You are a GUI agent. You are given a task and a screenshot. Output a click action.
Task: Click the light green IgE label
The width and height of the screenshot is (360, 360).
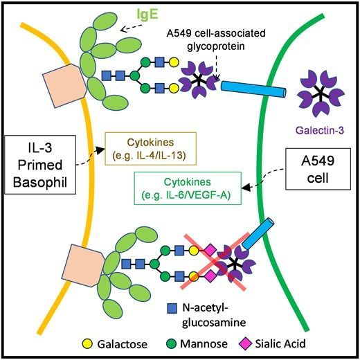[147, 14]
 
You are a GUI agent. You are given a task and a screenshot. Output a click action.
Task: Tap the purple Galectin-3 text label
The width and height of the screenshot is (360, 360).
[320, 130]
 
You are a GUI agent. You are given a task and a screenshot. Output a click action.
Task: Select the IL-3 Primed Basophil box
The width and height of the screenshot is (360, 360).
[40, 165]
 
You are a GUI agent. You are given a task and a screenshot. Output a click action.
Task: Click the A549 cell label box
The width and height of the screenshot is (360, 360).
[318, 169]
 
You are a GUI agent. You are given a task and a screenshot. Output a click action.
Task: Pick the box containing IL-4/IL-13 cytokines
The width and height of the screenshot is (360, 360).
[151, 149]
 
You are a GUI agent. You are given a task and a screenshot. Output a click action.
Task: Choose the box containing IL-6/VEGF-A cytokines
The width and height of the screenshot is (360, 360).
[188, 188]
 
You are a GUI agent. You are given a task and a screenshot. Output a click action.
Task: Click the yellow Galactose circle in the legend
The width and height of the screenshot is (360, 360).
[87, 344]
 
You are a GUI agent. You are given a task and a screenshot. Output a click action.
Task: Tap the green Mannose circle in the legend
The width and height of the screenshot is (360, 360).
[172, 344]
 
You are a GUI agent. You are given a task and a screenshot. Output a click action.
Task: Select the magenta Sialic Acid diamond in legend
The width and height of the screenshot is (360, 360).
[246, 343]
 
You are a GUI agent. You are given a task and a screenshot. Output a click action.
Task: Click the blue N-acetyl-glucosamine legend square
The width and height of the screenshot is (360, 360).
[172, 308]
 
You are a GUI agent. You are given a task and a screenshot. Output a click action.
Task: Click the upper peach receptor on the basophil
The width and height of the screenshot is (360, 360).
[65, 86]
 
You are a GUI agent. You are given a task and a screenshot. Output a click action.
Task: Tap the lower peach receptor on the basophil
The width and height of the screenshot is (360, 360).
[84, 265]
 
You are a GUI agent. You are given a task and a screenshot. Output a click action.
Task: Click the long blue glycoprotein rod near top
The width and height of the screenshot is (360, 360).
[253, 89]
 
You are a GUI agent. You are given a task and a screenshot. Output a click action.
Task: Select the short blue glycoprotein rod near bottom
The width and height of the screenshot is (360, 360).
[258, 234]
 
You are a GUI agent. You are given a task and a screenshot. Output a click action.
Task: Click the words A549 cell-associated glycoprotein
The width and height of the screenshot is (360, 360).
[216, 39]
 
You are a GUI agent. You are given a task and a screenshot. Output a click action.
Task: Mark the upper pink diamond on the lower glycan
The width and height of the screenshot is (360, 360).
[210, 251]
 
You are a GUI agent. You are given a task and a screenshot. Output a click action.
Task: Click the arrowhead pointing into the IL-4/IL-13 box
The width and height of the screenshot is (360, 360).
[100, 150]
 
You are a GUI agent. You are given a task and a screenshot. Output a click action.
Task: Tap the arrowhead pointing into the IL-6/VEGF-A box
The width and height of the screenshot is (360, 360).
[246, 187]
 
